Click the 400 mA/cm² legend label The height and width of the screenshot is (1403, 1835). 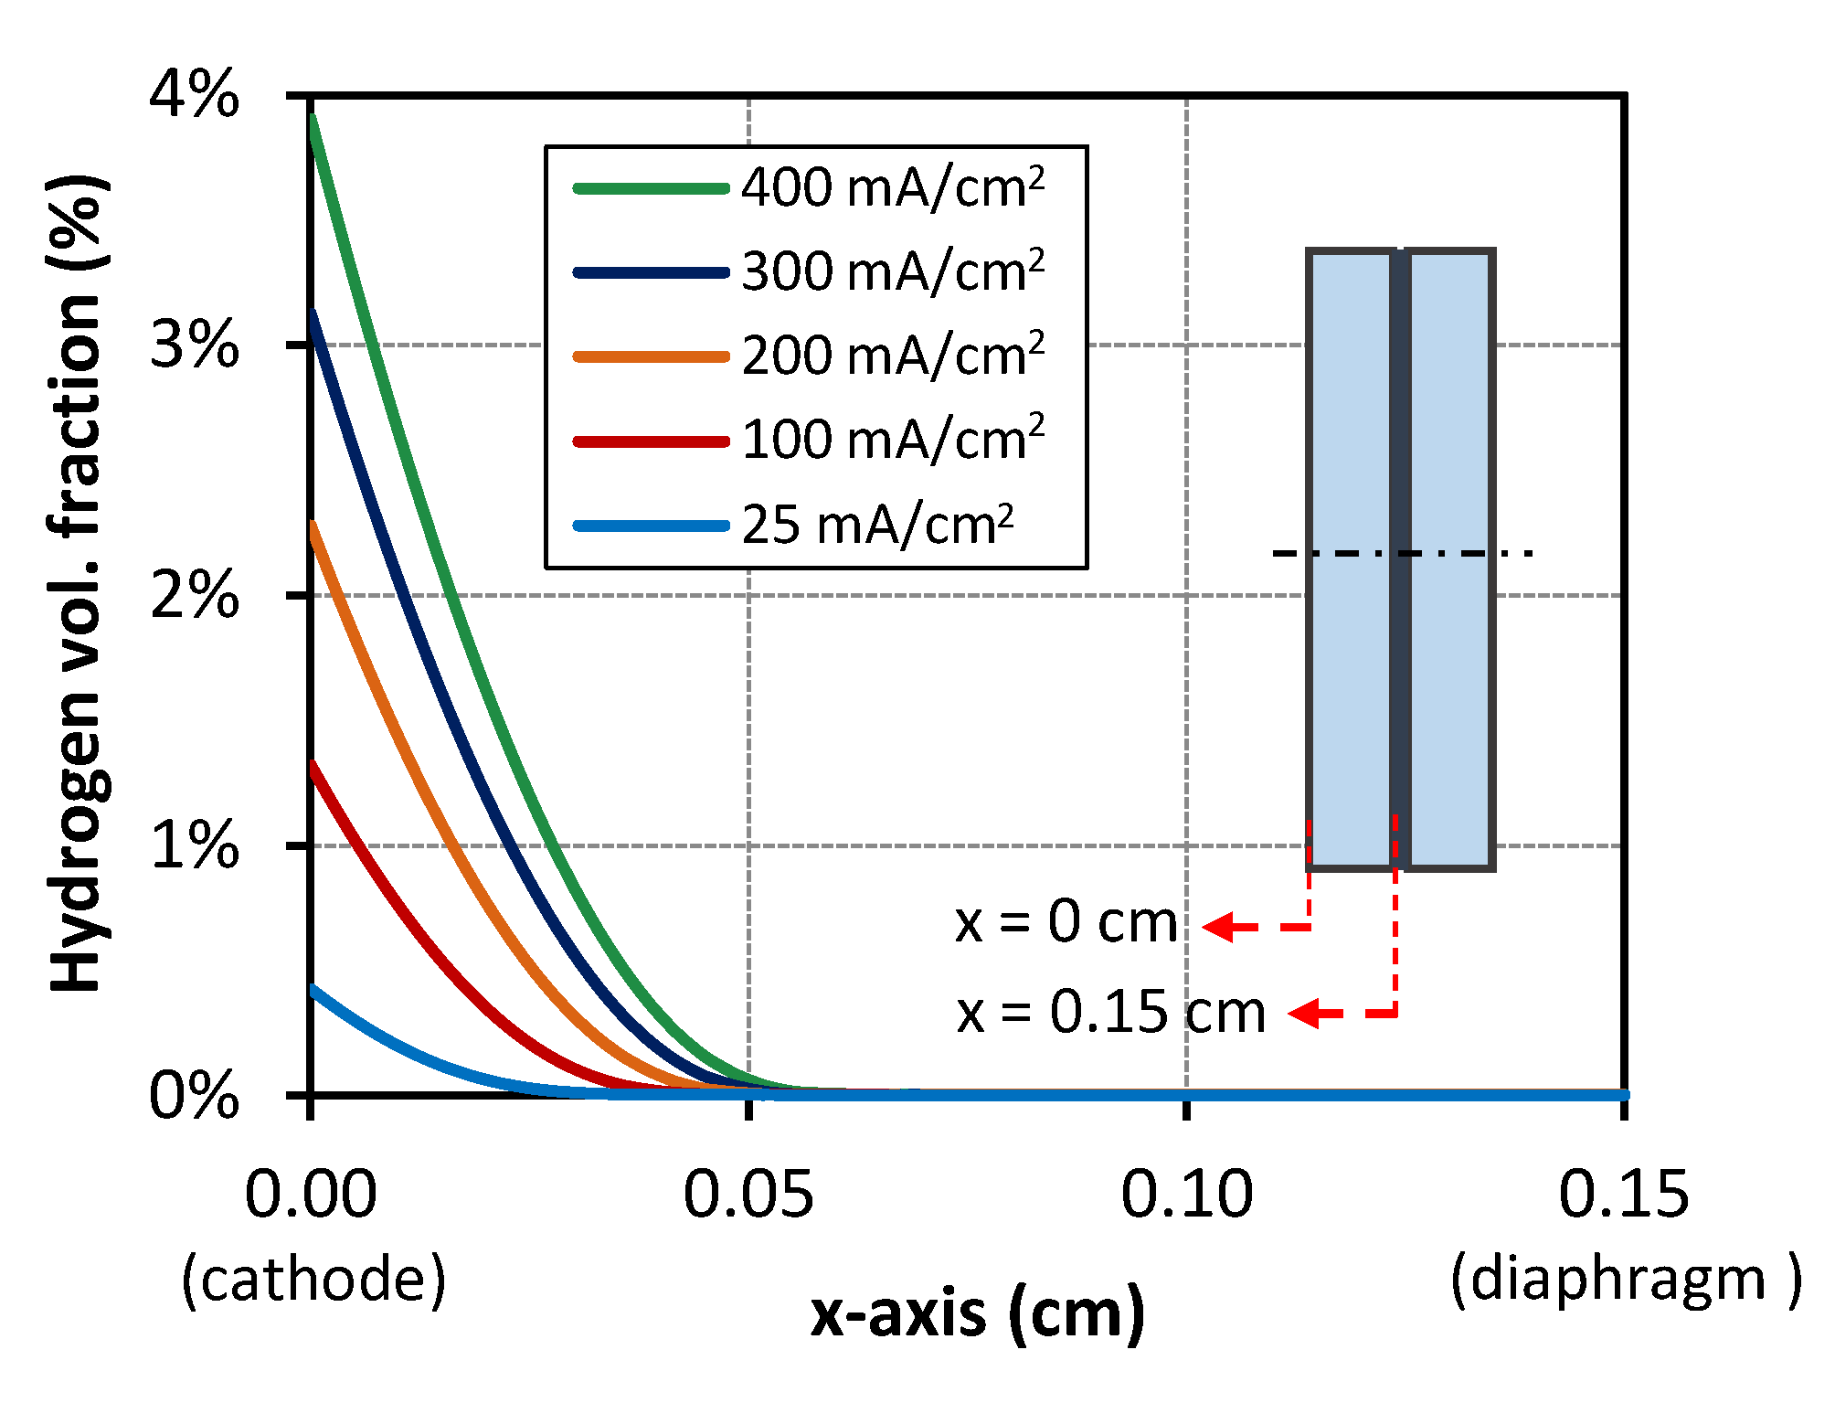pyautogui.click(x=892, y=188)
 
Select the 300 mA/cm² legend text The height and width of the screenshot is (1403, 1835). pyautogui.click(x=892, y=272)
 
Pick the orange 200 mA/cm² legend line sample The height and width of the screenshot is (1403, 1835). pyautogui.click(x=651, y=356)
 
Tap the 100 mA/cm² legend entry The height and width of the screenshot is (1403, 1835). pyautogui.click(x=892, y=441)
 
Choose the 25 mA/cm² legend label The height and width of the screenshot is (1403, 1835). pyautogui.click(x=877, y=526)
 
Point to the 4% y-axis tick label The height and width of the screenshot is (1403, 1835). pyautogui.click(x=194, y=94)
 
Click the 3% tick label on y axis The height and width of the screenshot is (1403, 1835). pyautogui.click(x=194, y=345)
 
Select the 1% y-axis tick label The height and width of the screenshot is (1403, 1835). pyautogui.click(x=194, y=845)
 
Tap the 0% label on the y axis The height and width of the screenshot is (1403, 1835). pyautogui.click(x=194, y=1095)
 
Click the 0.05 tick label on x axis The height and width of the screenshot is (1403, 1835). pyautogui.click(x=748, y=1194)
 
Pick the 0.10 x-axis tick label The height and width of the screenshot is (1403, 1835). pyautogui.click(x=1186, y=1194)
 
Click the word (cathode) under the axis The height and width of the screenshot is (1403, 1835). pyautogui.click(x=313, y=1279)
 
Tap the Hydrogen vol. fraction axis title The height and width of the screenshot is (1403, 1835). pyautogui.click(x=78, y=585)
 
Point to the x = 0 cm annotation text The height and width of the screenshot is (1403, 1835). pyautogui.click(x=1066, y=923)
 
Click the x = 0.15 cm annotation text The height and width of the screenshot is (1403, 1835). pyautogui.click(x=1110, y=1013)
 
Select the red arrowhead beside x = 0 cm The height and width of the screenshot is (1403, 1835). pyautogui.click(x=1218, y=927)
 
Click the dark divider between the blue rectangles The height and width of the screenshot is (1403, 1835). pyautogui.click(x=1400, y=558)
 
